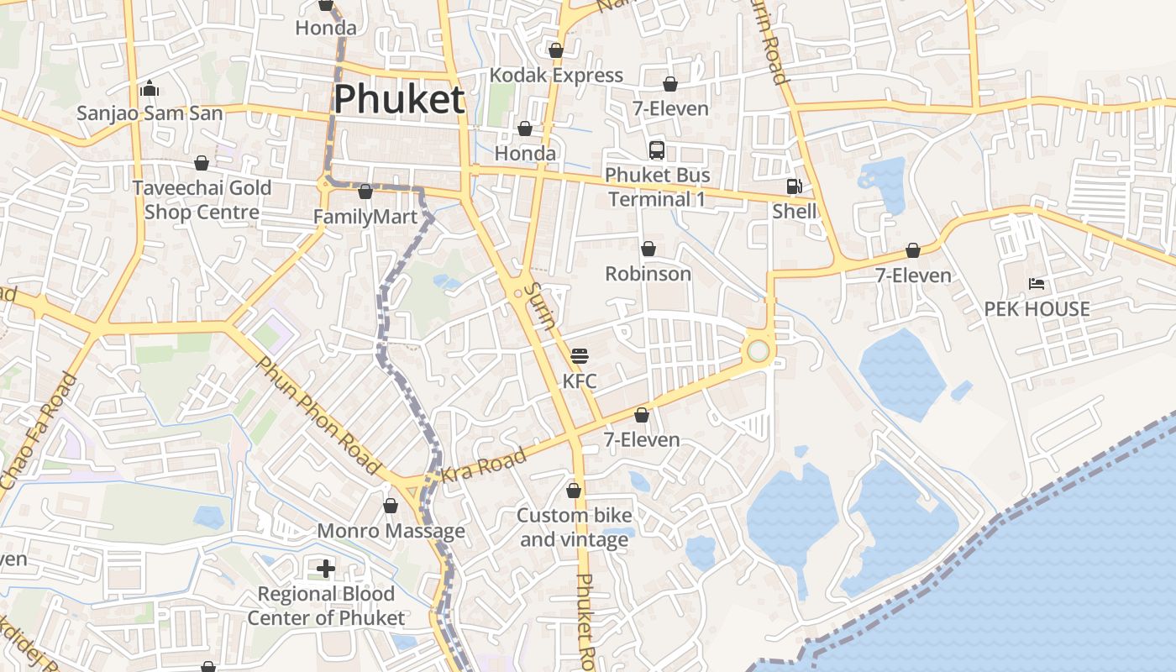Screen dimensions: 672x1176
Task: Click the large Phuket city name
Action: pyautogui.click(x=399, y=99)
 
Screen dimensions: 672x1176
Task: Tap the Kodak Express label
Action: pyautogui.click(x=556, y=76)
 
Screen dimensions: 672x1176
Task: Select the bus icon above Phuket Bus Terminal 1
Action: pyautogui.click(x=657, y=150)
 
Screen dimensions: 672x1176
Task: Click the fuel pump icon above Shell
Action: pyautogui.click(x=794, y=186)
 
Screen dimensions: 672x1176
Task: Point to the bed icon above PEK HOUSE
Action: pyautogui.click(x=1037, y=284)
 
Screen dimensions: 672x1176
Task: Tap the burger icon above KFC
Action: pyautogui.click(x=579, y=356)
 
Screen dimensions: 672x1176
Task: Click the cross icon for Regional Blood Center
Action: pyautogui.click(x=326, y=569)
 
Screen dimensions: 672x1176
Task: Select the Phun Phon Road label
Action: pyautogui.click(x=319, y=415)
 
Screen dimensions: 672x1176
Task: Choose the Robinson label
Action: pyautogui.click(x=648, y=274)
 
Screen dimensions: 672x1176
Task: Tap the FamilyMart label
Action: pyautogui.click(x=365, y=218)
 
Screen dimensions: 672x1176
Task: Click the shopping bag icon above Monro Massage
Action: pyautogui.click(x=391, y=506)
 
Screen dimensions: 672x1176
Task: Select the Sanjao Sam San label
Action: pyautogui.click(x=150, y=113)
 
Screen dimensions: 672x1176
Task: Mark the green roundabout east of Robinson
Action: pyautogui.click(x=759, y=350)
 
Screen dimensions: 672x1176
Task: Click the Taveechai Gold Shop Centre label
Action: pyautogui.click(x=202, y=199)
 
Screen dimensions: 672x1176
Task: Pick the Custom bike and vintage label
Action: pyautogui.click(x=575, y=527)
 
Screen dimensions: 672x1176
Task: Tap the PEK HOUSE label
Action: pyautogui.click(x=1037, y=308)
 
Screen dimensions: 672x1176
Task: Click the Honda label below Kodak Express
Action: pyautogui.click(x=525, y=154)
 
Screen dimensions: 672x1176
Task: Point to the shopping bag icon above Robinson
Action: pyautogui.click(x=648, y=249)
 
